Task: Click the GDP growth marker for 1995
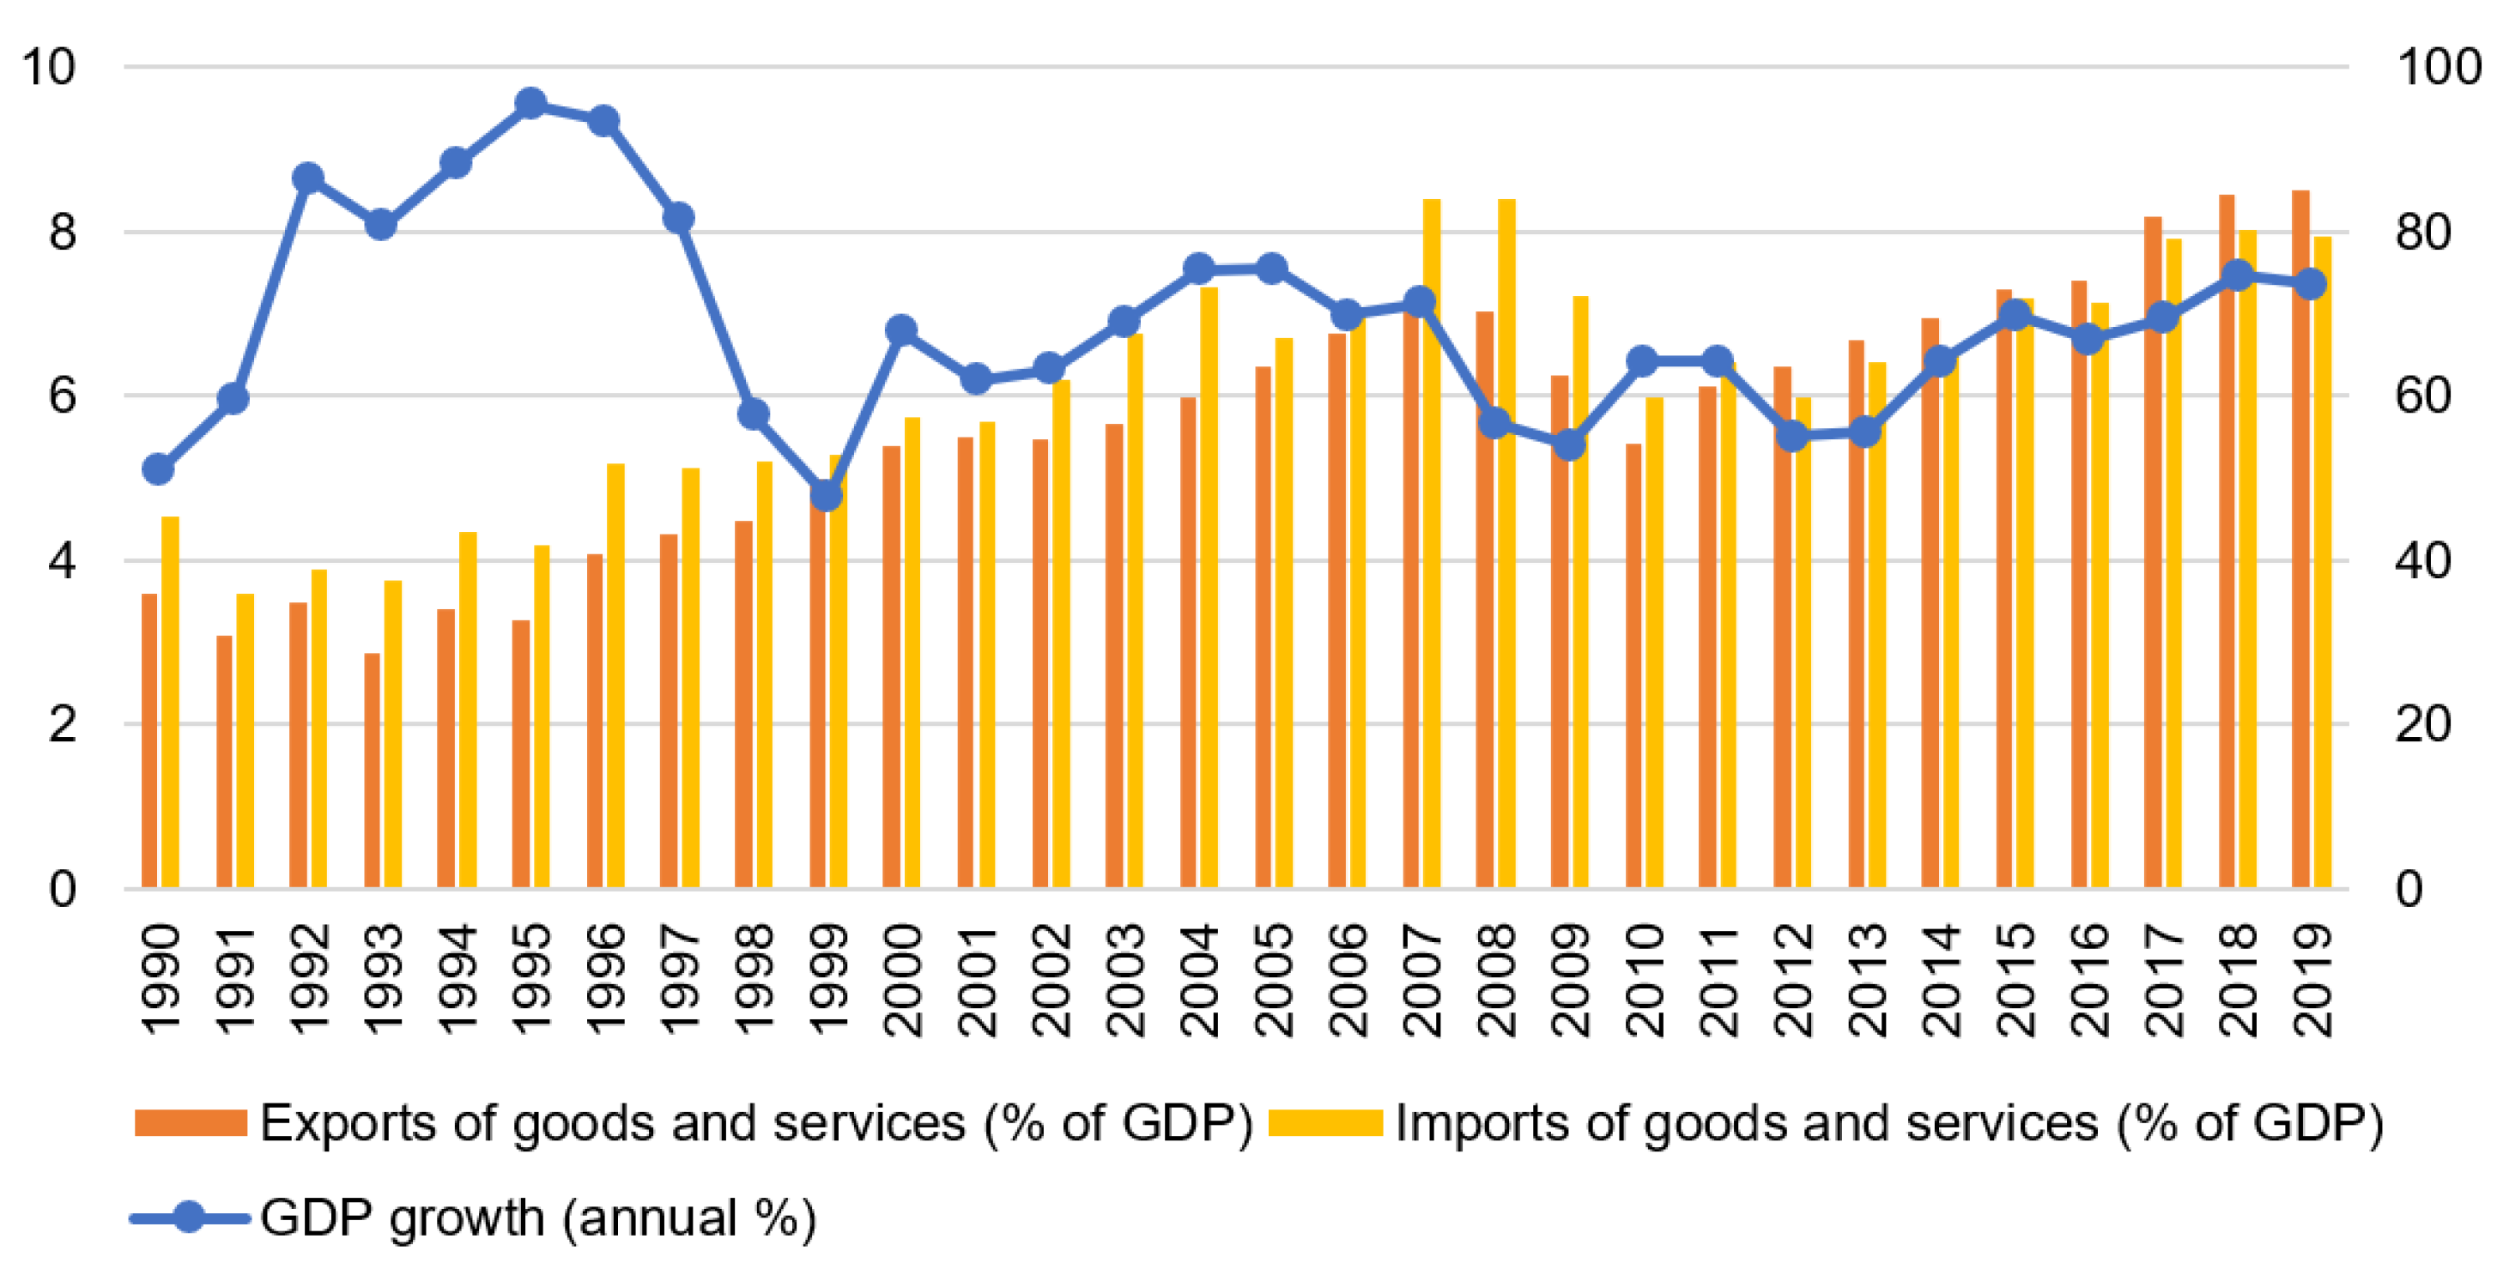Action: coord(530,103)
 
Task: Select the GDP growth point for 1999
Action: coord(826,496)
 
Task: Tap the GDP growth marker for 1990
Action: coord(158,469)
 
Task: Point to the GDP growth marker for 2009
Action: coord(1569,445)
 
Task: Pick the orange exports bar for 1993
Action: coord(372,770)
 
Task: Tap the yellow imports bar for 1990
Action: coord(169,701)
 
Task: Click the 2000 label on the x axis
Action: coord(902,980)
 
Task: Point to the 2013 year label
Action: coord(1866,980)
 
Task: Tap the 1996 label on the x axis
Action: coord(605,980)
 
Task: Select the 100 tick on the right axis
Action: coord(2438,67)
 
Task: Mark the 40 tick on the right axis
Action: coord(2423,561)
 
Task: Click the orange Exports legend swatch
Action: coord(190,1123)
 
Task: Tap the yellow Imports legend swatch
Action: coord(1324,1123)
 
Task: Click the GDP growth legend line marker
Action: coord(190,1218)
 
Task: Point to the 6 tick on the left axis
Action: coord(63,396)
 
